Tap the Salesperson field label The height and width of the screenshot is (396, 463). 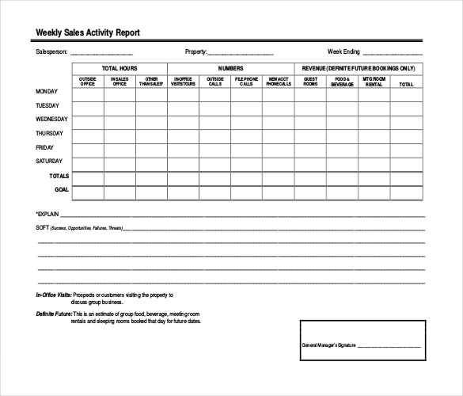52,52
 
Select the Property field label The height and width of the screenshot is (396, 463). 195,52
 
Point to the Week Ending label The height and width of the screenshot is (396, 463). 345,52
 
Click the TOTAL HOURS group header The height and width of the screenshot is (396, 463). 120,68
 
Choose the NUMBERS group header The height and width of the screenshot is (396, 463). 230,68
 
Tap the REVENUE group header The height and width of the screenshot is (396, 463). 359,68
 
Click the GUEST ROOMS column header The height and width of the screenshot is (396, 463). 310,81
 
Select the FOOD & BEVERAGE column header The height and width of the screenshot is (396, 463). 342,81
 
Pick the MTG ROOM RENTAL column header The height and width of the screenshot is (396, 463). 374,81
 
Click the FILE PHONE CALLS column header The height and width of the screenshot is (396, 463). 246,81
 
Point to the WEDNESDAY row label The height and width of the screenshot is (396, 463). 53,120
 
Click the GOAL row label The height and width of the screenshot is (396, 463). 62,190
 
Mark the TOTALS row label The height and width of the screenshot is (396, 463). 59,176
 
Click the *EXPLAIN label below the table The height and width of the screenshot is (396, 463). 48,214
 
